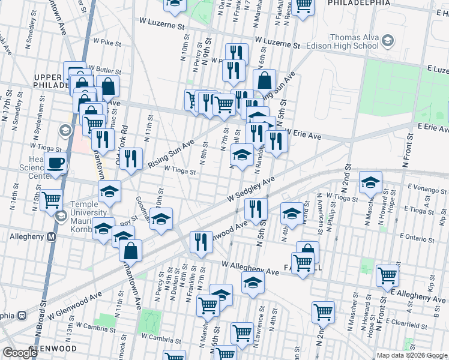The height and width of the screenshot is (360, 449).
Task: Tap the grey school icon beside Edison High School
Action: tap(388, 41)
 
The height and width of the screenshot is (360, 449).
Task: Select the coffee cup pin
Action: tap(56, 162)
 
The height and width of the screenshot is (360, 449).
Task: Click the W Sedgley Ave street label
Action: tap(251, 190)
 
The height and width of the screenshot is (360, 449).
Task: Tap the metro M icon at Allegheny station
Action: tap(52, 236)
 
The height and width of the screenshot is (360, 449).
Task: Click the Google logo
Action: tap(20, 353)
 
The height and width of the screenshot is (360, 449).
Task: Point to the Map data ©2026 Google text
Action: tap(412, 355)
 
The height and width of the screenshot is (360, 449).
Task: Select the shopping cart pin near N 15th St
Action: tap(52, 199)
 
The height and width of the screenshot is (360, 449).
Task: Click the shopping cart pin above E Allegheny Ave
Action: tap(388, 275)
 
